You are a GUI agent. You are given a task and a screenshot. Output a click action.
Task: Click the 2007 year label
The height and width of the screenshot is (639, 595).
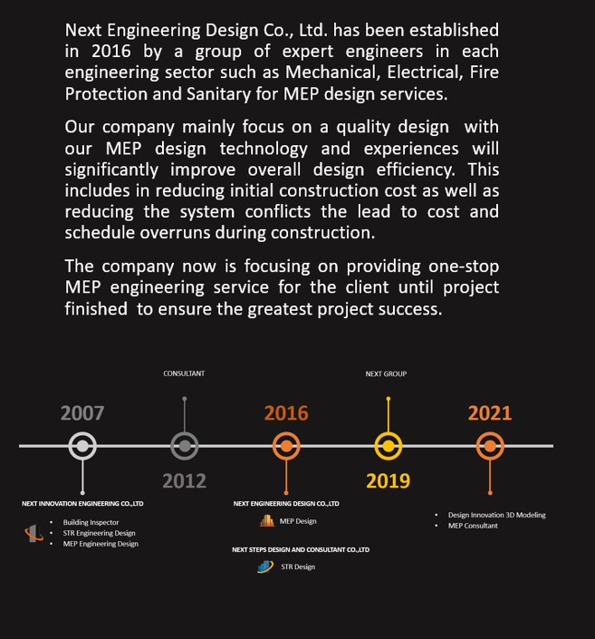[x=82, y=413]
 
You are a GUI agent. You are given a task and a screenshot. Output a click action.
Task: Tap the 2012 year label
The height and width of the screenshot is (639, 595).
[x=184, y=480]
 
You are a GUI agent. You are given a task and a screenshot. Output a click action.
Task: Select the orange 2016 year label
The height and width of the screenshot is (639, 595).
[x=286, y=413]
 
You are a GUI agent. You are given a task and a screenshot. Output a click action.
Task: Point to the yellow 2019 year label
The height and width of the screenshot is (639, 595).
[x=388, y=480]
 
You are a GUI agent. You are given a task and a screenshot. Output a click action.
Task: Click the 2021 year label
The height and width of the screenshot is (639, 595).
[x=490, y=413]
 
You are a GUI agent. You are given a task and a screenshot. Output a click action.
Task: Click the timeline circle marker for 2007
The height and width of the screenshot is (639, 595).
[x=82, y=446]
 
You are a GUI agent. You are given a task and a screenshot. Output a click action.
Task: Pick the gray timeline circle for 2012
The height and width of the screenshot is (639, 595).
[x=185, y=446]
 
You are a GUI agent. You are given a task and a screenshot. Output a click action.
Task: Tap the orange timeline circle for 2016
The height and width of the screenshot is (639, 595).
[x=286, y=446]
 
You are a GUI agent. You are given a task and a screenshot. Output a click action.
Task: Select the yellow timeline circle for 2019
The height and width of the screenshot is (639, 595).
[x=389, y=446]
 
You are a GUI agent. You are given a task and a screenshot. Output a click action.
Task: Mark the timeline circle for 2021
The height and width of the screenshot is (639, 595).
[x=490, y=446]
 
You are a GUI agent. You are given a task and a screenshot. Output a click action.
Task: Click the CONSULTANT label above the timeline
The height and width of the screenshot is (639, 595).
[x=184, y=373]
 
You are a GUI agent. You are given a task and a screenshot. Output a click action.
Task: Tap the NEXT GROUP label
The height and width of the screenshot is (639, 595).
[x=387, y=373]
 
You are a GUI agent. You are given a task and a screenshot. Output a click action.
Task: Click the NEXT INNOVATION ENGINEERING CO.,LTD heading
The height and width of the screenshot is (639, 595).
[x=82, y=503]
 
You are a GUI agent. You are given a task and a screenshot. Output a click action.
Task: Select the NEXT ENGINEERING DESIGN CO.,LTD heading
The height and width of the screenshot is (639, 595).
[x=286, y=503]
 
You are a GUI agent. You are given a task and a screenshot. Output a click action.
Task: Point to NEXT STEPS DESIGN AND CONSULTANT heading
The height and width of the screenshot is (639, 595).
[x=301, y=549]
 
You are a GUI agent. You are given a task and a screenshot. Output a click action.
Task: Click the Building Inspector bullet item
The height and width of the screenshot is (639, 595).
[x=91, y=522]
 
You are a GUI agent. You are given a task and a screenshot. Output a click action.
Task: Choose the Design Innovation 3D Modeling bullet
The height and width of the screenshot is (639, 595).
[x=496, y=515]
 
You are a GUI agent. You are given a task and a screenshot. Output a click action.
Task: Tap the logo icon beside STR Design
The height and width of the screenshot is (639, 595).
[x=265, y=566]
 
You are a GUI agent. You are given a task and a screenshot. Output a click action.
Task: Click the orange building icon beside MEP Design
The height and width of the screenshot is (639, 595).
[x=266, y=521]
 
